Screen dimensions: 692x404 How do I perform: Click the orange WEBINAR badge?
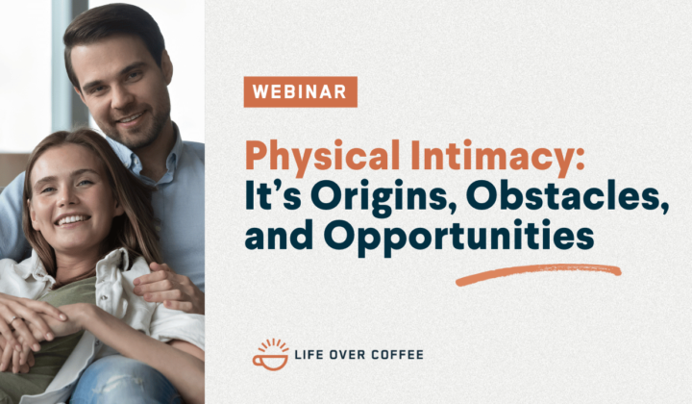tap(300, 91)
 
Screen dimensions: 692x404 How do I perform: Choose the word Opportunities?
tap(458, 238)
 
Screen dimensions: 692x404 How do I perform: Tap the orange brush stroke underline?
tap(538, 274)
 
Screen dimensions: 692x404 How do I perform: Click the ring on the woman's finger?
tap(14, 319)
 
